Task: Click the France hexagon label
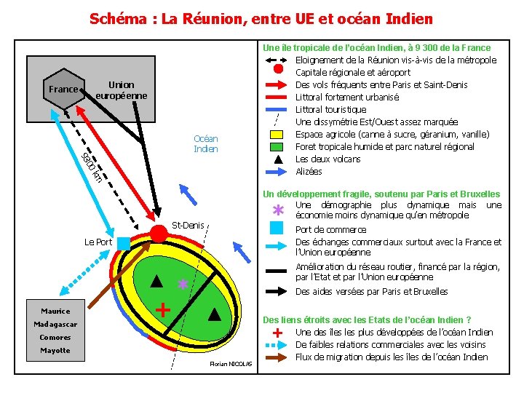(x=63, y=90)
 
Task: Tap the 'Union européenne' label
(x=121, y=90)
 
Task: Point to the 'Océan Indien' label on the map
(x=205, y=143)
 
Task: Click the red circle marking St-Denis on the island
(x=159, y=233)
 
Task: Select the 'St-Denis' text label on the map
(x=188, y=225)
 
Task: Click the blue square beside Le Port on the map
(x=124, y=242)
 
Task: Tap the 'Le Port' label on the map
(x=98, y=242)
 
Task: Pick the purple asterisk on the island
(x=183, y=285)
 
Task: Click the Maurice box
(x=55, y=311)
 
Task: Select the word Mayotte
(x=55, y=350)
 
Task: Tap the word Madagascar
(x=55, y=324)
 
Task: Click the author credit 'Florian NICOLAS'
(x=230, y=363)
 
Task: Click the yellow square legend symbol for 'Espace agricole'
(x=277, y=135)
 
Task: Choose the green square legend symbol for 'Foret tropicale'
(x=277, y=147)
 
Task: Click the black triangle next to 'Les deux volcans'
(x=277, y=159)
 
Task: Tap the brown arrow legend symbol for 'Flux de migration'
(x=277, y=357)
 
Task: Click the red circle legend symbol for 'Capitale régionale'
(x=277, y=70)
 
